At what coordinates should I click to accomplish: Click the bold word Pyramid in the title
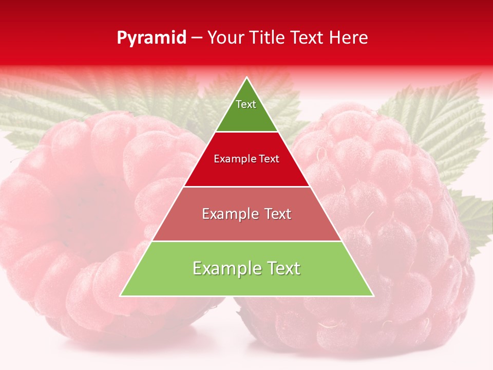coord(151,38)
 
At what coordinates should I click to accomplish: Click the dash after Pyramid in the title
coord(197,39)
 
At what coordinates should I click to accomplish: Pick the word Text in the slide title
coord(308,38)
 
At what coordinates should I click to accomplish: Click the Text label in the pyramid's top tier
coord(246,104)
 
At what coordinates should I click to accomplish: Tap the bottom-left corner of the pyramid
coord(121,295)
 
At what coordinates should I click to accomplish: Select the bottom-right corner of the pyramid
coord(373,295)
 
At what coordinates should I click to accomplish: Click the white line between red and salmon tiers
coord(247,187)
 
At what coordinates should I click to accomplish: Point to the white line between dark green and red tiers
coord(247,132)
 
